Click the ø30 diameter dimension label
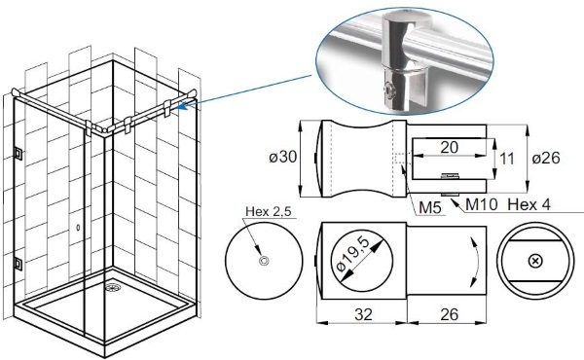pyautogui.click(x=283, y=157)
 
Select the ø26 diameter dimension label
pyautogui.click(x=546, y=158)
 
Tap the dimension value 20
pyautogui.click(x=449, y=148)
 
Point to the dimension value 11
pyautogui.click(x=506, y=159)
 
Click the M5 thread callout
pyautogui.click(x=430, y=208)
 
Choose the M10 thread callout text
pyautogui.click(x=481, y=204)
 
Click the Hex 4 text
pyautogui.click(x=529, y=204)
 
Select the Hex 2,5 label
pyautogui.click(x=269, y=211)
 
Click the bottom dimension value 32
pyautogui.click(x=363, y=314)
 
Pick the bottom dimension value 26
pyautogui.click(x=449, y=314)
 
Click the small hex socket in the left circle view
pyautogui.click(x=265, y=261)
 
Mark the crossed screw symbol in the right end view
pyautogui.click(x=535, y=261)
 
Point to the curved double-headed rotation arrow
pyautogui.click(x=477, y=263)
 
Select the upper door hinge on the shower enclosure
pyautogui.click(x=18, y=153)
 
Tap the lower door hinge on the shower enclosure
pyautogui.click(x=18, y=264)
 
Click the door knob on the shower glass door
pyautogui.click(x=78, y=227)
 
